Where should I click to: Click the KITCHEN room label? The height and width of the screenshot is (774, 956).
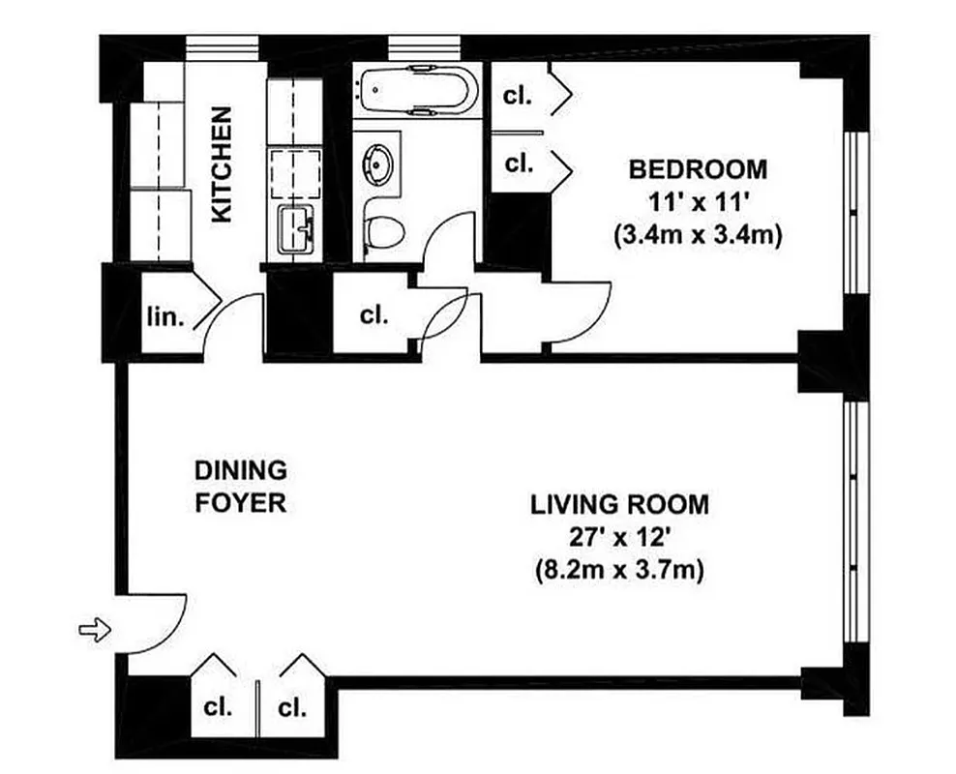(x=222, y=164)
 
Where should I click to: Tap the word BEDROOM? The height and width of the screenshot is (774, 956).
(x=698, y=169)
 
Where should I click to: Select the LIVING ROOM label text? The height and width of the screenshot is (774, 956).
(x=619, y=504)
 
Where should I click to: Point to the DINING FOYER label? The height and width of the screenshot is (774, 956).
(x=241, y=487)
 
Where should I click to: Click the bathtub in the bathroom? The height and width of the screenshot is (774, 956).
(x=417, y=90)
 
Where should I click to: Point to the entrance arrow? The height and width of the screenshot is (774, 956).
(x=95, y=631)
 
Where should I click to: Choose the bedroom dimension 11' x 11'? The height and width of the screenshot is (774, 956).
(x=698, y=202)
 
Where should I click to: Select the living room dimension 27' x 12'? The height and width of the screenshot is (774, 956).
(x=619, y=538)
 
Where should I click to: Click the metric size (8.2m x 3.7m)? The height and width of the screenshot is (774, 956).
(x=619, y=571)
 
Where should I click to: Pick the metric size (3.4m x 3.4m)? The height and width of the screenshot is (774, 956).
(x=698, y=235)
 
